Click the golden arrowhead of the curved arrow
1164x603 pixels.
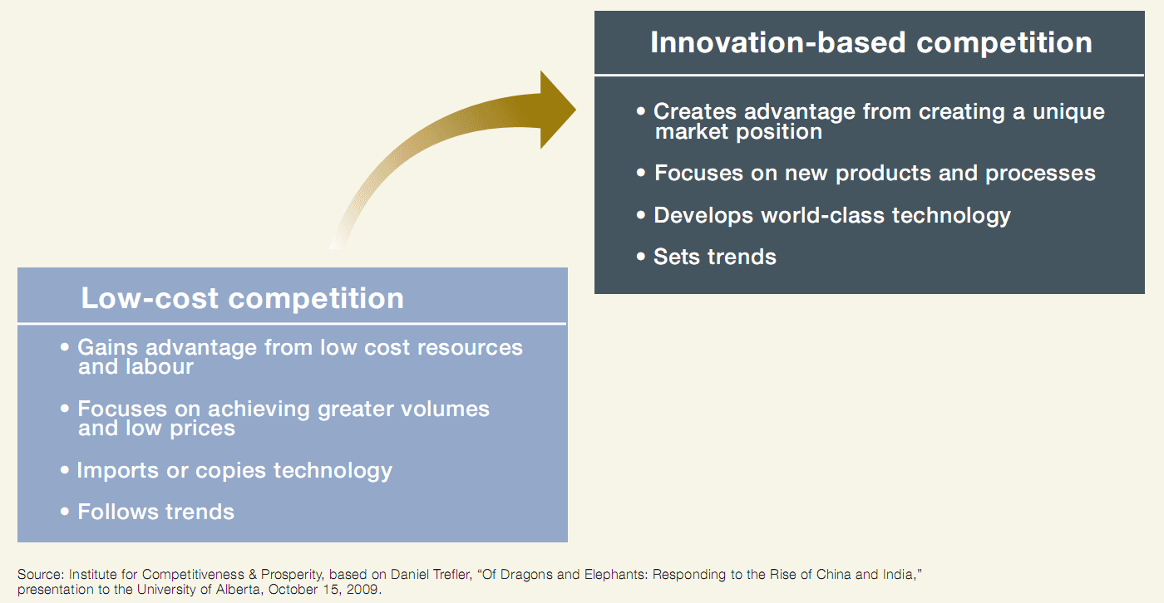click(x=556, y=110)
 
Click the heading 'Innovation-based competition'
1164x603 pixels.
click(x=871, y=42)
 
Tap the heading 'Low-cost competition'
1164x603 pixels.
click(x=242, y=298)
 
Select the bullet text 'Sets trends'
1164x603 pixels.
click(x=714, y=257)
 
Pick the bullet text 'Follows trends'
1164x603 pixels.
click(x=156, y=512)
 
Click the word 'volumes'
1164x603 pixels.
click(x=445, y=409)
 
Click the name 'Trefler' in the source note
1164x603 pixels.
click(x=451, y=575)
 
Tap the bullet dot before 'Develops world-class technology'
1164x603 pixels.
click(x=641, y=214)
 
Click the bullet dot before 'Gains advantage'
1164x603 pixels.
click(x=65, y=346)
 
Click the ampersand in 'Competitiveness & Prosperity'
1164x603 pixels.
click(x=253, y=575)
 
